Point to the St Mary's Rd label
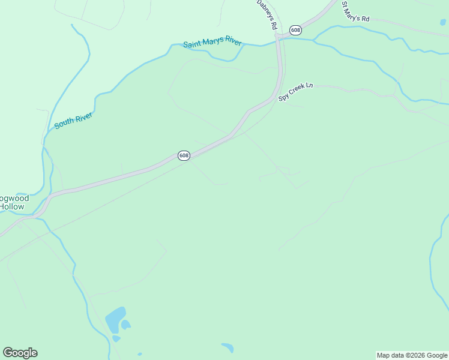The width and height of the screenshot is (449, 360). pos(355,11)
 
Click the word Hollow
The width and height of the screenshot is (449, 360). pos(12,206)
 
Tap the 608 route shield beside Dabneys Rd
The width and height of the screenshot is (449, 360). pos(295,30)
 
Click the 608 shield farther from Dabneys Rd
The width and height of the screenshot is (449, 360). pos(184,155)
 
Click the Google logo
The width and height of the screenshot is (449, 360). pos(20,353)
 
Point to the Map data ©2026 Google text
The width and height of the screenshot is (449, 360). pos(412,355)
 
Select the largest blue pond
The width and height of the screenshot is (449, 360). pos(115,319)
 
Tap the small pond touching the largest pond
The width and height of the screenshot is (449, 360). pos(126,325)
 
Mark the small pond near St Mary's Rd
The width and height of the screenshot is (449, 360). pos(442,23)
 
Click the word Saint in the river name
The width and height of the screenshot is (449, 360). pos(193,44)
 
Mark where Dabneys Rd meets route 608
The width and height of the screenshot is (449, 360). pos(279,37)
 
